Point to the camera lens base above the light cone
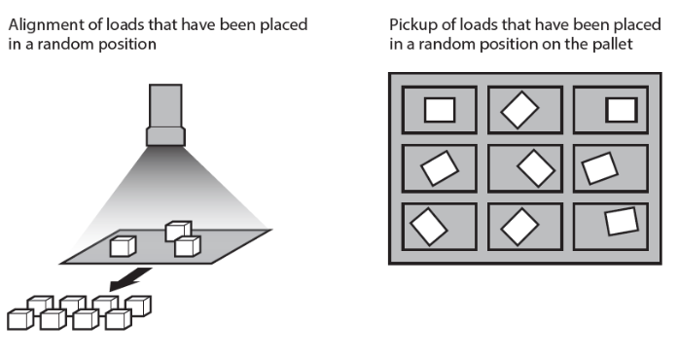point(165,136)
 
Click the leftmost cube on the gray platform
point(122,246)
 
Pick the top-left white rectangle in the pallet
point(440,110)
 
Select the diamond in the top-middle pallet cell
point(519,110)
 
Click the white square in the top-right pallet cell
point(620,110)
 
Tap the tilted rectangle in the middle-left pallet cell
point(440,168)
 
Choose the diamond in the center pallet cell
point(534,168)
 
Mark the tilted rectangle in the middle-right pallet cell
point(599,169)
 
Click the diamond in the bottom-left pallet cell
point(428,226)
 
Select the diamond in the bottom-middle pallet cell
point(519,227)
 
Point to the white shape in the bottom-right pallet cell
point(620,223)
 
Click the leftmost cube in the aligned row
point(19,318)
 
